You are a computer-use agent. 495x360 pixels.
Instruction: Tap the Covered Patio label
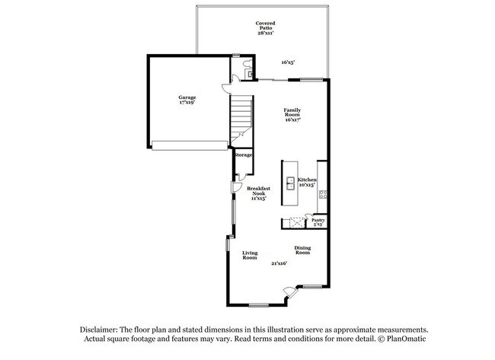(265, 27)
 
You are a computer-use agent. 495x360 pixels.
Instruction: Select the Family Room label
(293, 114)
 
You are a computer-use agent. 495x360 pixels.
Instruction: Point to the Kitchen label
(307, 182)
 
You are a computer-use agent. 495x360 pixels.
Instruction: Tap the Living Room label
(250, 256)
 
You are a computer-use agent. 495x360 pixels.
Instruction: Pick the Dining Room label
(302, 250)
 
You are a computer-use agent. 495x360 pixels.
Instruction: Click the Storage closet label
(244, 155)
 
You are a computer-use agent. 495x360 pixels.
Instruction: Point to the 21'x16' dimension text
(279, 263)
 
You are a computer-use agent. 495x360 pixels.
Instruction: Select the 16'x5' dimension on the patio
(288, 62)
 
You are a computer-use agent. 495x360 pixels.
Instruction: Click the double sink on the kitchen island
(290, 183)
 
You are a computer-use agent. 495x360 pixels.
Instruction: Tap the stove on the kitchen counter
(323, 194)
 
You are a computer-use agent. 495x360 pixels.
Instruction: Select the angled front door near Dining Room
(287, 292)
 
